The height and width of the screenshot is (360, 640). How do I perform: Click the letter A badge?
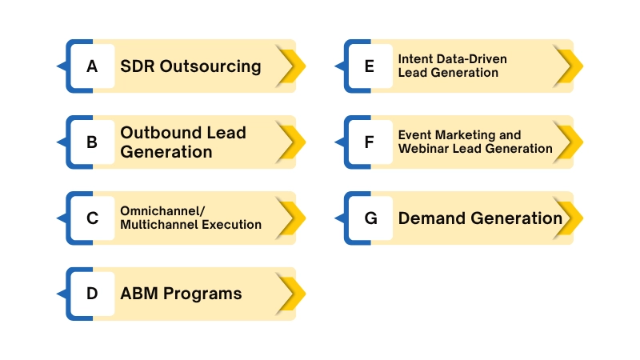[92, 66]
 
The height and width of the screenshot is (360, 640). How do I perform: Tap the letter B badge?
[92, 142]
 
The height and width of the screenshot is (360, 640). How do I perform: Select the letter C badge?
[92, 218]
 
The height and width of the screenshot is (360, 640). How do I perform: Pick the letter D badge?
[92, 294]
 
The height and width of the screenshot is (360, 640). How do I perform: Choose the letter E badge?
[369, 66]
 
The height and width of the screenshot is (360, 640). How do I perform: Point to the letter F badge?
[369, 142]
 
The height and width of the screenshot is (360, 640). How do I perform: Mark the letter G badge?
[369, 218]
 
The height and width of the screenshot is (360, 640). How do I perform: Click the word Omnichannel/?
[162, 210]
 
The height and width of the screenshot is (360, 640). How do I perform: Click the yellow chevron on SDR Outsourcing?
[293, 66]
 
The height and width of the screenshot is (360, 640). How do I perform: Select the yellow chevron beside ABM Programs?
[293, 294]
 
